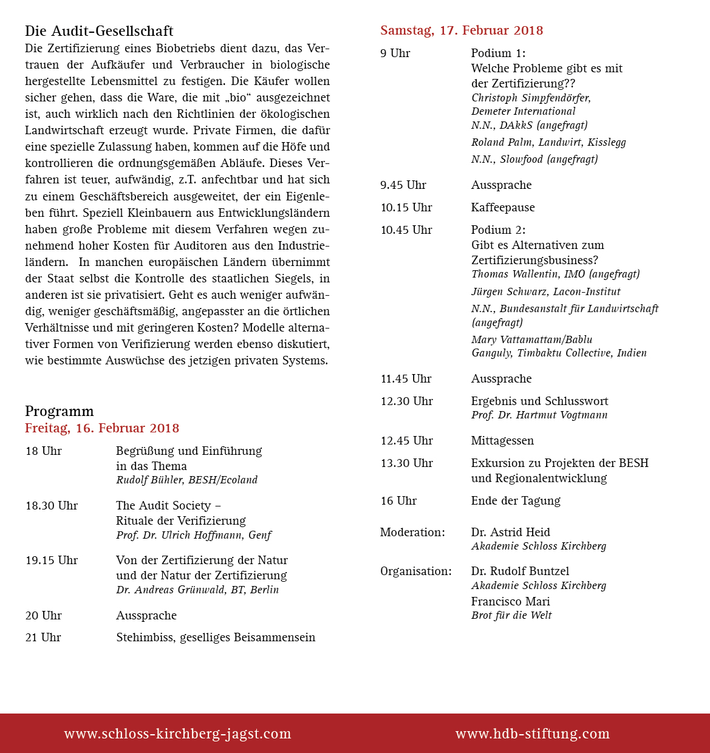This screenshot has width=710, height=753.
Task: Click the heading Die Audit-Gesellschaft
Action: pyautogui.click(x=99, y=31)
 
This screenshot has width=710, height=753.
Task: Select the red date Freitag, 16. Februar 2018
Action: pyautogui.click(x=102, y=428)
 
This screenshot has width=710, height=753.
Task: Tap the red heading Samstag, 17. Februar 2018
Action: pyautogui.click(x=462, y=30)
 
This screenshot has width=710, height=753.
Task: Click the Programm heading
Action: pyautogui.click(x=60, y=411)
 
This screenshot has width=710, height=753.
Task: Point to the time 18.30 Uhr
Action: pyautogui.click(x=52, y=506)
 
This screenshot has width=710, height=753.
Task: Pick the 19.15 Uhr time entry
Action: pyautogui.click(x=52, y=560)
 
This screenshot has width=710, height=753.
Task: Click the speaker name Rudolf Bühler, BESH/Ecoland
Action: pyautogui.click(x=186, y=480)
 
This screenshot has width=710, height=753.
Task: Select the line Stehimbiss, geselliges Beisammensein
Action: pyautogui.click(x=216, y=638)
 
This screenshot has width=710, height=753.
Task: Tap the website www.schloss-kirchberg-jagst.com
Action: pyautogui.click(x=177, y=734)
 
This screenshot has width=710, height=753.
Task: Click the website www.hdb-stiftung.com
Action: pyautogui.click(x=533, y=734)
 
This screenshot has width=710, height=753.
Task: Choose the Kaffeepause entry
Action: pyautogui.click(x=503, y=208)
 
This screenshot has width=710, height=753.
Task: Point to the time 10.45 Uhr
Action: pyautogui.click(x=406, y=230)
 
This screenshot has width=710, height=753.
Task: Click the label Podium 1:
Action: pyautogui.click(x=498, y=53)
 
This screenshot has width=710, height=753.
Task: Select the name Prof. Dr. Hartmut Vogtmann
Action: pyautogui.click(x=539, y=415)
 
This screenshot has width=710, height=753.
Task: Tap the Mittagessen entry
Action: pyautogui.click(x=502, y=441)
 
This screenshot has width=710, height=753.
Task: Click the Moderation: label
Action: pyautogui.click(x=412, y=533)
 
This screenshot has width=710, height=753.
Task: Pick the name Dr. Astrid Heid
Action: pyautogui.click(x=510, y=533)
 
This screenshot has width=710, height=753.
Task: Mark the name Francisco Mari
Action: pyautogui.click(x=510, y=602)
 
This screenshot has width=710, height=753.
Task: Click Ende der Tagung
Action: pyautogui.click(x=516, y=501)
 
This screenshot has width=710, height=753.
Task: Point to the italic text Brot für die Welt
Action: pyautogui.click(x=511, y=616)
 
